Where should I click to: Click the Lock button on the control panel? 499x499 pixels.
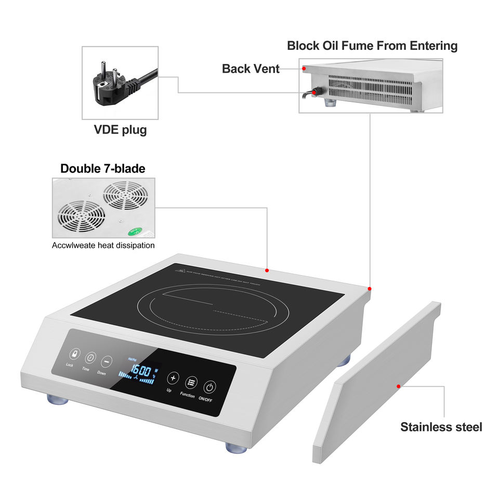click(76, 353)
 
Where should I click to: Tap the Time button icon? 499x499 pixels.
click(90, 357)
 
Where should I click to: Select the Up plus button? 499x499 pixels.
click(173, 378)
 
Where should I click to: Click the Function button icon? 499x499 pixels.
click(191, 383)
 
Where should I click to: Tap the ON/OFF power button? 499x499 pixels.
click(209, 387)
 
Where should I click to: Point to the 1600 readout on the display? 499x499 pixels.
click(140, 371)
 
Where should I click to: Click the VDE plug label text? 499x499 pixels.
click(120, 130)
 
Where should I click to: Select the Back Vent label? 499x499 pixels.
click(251, 69)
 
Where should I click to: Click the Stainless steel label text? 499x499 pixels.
click(441, 427)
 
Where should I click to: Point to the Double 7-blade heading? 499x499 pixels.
click(102, 168)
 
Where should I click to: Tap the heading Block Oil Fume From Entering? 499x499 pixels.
click(372, 46)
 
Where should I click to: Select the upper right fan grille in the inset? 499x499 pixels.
click(125, 195)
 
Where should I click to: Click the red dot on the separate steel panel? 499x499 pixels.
click(399, 386)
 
